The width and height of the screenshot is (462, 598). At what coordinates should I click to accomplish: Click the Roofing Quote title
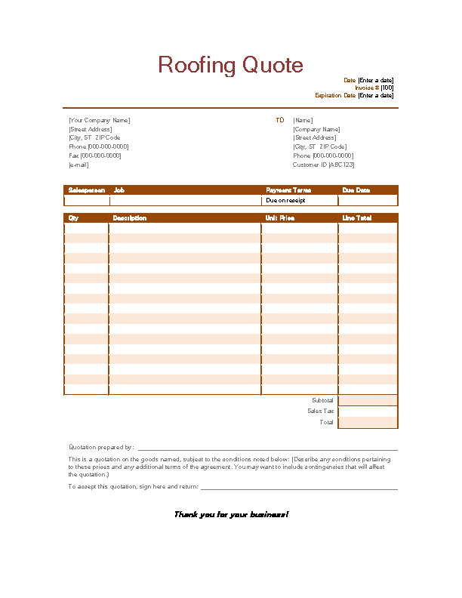pos(230,65)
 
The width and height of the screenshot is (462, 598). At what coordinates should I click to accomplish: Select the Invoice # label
pos(366,88)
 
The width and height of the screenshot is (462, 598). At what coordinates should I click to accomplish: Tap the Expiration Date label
pos(335,95)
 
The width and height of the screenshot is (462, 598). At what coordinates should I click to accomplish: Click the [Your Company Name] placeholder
pos(99,120)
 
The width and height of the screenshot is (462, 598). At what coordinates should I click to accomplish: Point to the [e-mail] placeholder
pos(79,165)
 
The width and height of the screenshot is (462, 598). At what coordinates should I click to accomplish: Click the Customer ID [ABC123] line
pos(323,165)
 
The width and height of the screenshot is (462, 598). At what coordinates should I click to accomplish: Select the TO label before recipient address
pos(280,120)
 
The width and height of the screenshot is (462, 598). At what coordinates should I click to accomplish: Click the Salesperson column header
pos(86,190)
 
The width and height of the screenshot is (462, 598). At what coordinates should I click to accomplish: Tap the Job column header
pos(119,190)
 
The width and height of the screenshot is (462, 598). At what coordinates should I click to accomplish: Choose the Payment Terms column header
pos(288,190)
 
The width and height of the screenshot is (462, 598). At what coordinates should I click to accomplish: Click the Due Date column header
pos(356,190)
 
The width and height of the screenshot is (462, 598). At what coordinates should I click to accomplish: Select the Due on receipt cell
pos(286,201)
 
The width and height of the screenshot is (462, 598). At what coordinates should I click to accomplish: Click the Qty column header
pos(74,218)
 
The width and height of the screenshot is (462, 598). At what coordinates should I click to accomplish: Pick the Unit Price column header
pos(280,218)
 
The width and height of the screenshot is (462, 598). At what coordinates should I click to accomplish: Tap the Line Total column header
pos(357,218)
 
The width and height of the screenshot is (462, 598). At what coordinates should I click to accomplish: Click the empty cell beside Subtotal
pos(368,400)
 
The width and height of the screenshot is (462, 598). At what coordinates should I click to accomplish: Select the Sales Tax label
pos(320,412)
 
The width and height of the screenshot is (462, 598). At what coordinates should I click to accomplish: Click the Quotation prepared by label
pos(101,447)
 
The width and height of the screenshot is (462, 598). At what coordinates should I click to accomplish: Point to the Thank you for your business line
pos(231,514)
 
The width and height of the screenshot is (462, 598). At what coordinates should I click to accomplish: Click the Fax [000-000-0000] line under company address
pos(94,156)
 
